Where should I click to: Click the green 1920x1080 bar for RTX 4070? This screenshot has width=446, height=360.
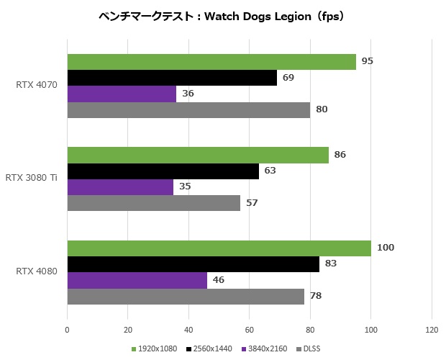211,62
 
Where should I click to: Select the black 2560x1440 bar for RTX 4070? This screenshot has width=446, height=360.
172,78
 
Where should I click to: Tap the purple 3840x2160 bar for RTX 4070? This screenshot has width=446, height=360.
122,94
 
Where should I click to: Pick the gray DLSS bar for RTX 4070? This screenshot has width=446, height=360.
188,109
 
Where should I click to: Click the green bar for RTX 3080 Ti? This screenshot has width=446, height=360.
198,155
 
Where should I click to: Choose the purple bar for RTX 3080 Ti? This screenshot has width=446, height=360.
120,186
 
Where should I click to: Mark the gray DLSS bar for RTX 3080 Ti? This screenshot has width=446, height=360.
154,202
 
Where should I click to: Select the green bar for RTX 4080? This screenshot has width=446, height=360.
219,248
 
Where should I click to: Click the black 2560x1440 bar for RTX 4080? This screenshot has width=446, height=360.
193,264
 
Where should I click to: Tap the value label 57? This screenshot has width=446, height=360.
252,202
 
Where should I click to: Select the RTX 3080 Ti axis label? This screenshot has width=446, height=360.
32,179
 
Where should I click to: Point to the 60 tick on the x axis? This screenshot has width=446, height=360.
249,330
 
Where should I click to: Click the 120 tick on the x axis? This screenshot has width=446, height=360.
431,330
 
